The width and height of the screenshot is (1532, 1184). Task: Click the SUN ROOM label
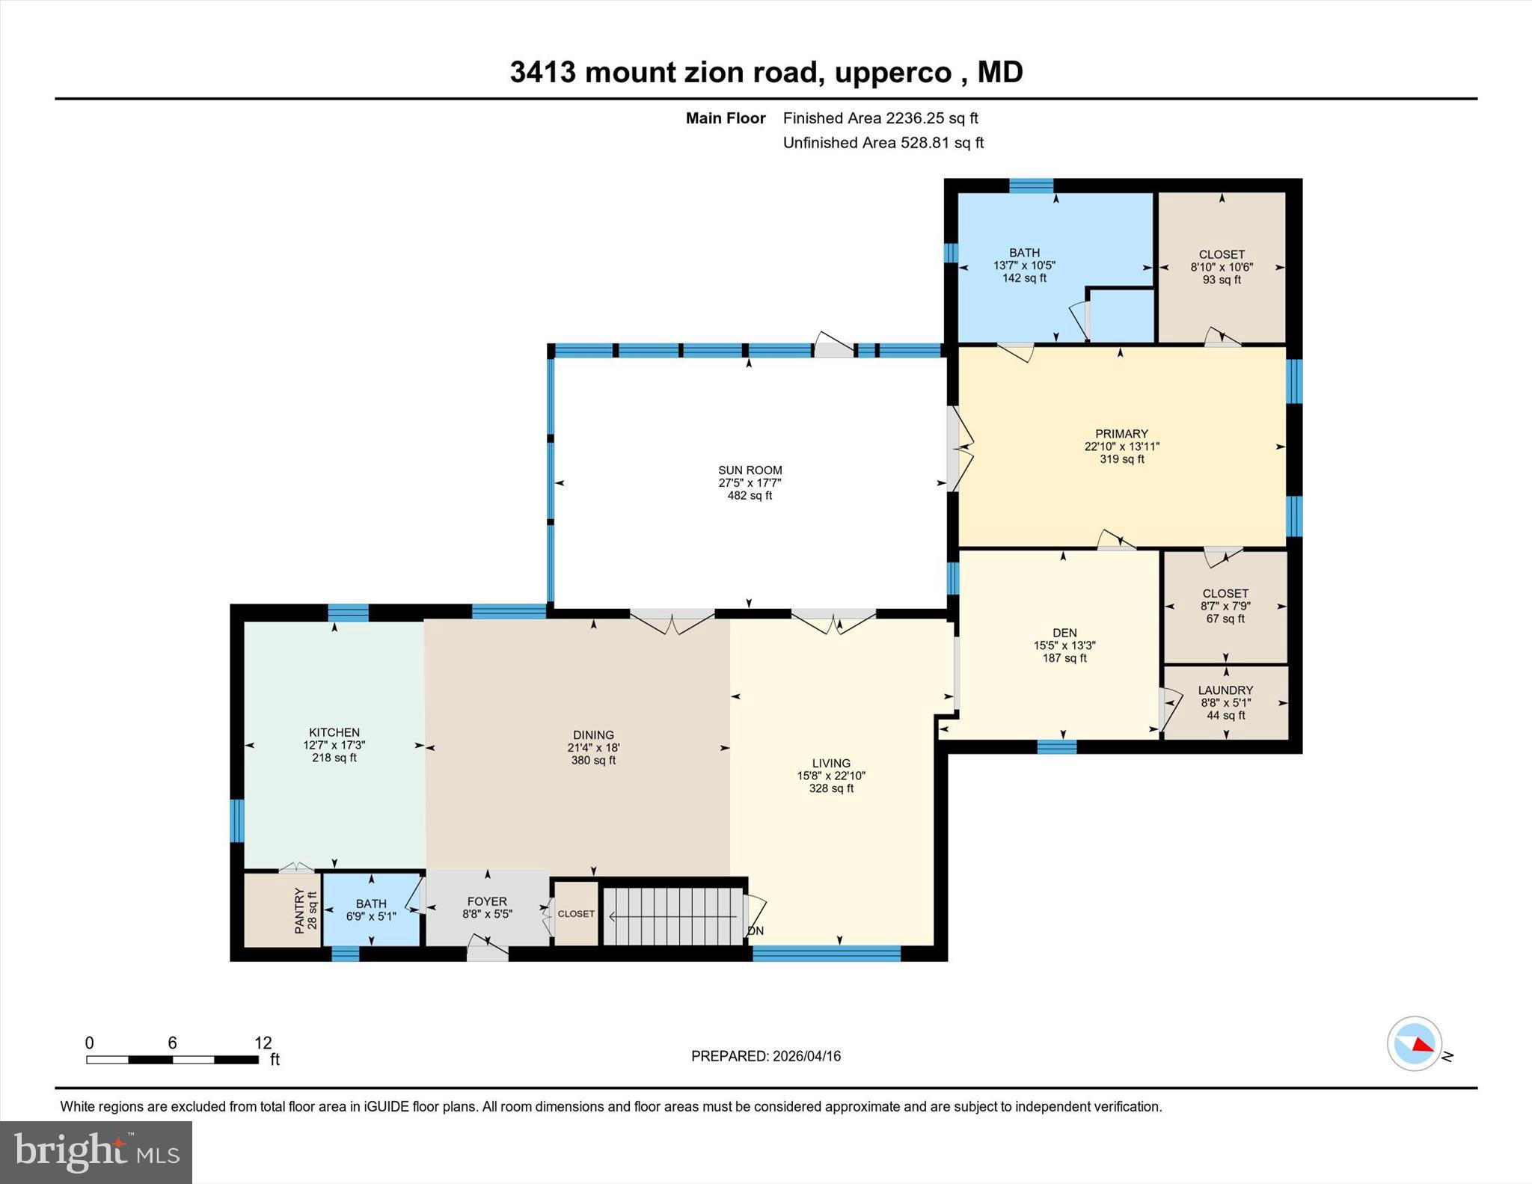click(750, 470)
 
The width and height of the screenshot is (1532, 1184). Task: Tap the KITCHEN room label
click(334, 732)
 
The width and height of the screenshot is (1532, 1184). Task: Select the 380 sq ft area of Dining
click(593, 760)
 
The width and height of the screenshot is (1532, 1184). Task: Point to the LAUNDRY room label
click(1225, 690)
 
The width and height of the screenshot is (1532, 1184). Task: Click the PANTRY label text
click(299, 910)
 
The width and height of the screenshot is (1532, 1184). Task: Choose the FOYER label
click(487, 901)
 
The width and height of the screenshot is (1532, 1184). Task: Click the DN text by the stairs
click(756, 931)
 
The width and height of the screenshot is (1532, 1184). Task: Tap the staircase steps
click(673, 916)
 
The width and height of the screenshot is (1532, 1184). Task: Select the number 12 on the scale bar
click(263, 1043)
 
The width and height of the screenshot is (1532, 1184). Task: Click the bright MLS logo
click(96, 1152)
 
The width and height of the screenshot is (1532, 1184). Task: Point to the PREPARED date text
click(765, 1056)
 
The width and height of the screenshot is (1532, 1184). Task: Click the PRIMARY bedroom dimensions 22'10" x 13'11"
click(1121, 447)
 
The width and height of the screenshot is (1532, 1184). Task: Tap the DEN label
click(1064, 633)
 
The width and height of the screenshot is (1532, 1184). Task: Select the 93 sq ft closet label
click(1222, 280)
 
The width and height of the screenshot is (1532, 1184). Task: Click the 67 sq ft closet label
click(1225, 619)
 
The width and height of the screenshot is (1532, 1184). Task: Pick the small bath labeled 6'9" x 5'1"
click(371, 915)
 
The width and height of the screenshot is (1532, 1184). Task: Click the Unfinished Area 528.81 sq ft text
click(883, 143)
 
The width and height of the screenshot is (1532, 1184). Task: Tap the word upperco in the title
click(892, 73)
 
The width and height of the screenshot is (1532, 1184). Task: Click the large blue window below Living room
click(826, 953)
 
